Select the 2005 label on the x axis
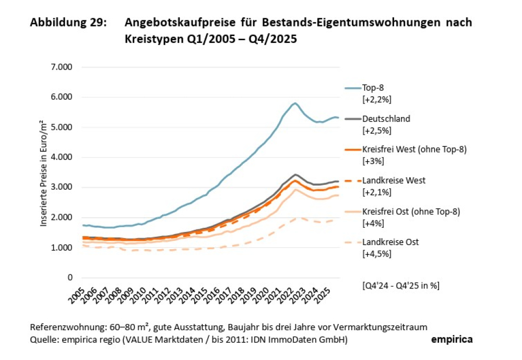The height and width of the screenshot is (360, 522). tap(77, 296)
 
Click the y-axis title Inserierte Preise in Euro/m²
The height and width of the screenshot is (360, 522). tap(44, 172)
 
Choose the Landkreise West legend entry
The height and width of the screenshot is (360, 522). tap(394, 180)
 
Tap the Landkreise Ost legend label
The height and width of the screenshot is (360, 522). tap(391, 242)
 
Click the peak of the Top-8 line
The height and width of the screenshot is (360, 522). tap(295, 103)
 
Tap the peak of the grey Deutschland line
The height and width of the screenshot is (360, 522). tap(295, 175)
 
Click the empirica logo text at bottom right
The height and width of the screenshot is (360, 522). tap(452, 340)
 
